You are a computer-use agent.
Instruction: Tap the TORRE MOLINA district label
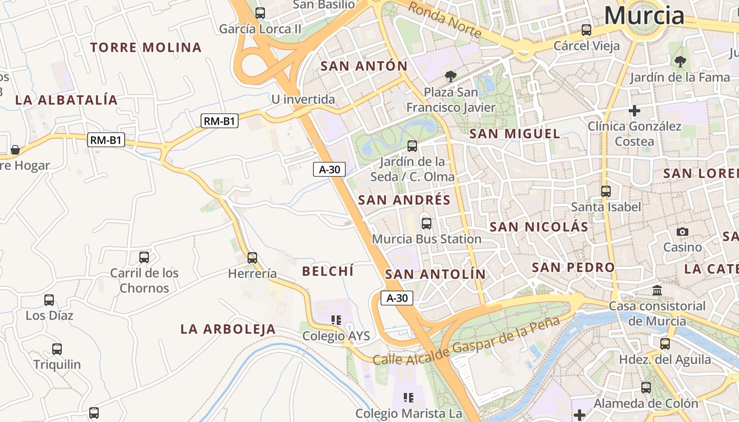pyautogui.click(x=146, y=47)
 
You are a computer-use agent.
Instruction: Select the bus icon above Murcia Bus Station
pyautogui.click(x=427, y=223)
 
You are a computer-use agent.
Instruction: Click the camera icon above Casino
pyautogui.click(x=683, y=232)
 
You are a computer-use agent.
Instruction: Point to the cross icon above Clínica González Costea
pyautogui.click(x=634, y=111)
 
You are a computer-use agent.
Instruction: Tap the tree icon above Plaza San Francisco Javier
pyautogui.click(x=450, y=76)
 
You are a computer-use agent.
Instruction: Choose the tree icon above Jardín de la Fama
pyautogui.click(x=680, y=62)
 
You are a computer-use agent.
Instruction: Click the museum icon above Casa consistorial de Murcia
pyautogui.click(x=657, y=290)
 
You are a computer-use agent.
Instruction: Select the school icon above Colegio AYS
pyautogui.click(x=336, y=320)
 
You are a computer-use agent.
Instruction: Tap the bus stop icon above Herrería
pyautogui.click(x=252, y=257)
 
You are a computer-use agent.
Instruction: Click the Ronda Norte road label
pyautogui.click(x=444, y=20)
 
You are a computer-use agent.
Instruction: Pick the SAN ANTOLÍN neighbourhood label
pyautogui.click(x=435, y=274)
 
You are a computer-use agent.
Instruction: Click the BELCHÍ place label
pyautogui.click(x=327, y=271)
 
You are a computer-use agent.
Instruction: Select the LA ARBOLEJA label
pyautogui.click(x=228, y=329)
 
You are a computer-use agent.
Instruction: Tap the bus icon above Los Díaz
pyautogui.click(x=49, y=300)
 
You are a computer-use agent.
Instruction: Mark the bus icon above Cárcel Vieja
pyautogui.click(x=586, y=30)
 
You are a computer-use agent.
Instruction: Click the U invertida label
pyautogui.click(x=303, y=99)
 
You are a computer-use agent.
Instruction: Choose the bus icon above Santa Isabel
pyautogui.click(x=606, y=191)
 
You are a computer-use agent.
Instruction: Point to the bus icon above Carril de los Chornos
pyautogui.click(x=144, y=257)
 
